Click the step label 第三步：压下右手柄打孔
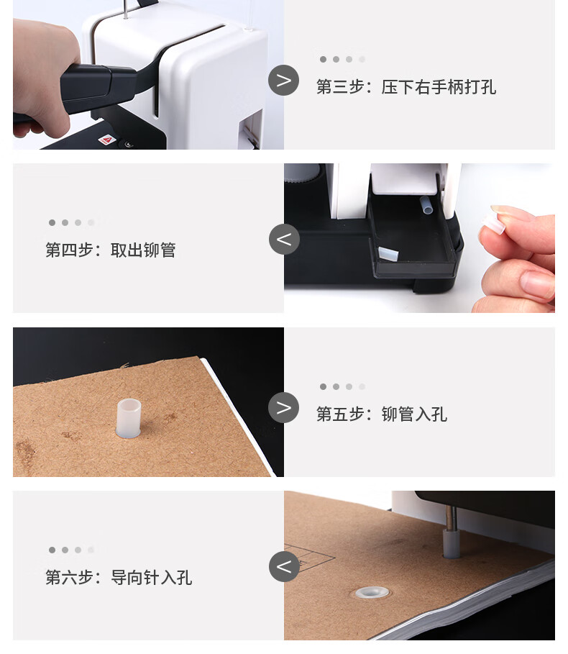point(406,87)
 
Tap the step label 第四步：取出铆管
point(111,250)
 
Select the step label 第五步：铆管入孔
point(381,414)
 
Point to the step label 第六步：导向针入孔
point(119,578)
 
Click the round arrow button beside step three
point(283,80)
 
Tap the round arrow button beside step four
point(284,240)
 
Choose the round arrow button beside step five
point(283,407)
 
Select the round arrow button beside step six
point(284,566)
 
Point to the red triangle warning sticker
point(107,140)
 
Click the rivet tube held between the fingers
point(493,224)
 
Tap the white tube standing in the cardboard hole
point(129,418)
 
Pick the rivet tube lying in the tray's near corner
point(388,255)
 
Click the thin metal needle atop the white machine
point(125,9)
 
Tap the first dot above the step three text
point(323,59)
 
